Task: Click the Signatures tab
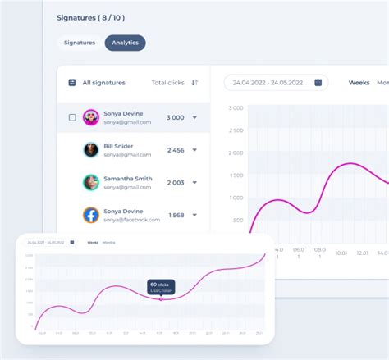pos(80,43)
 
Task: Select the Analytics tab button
pos(126,43)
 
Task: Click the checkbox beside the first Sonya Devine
pos(72,117)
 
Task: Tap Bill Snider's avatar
pos(91,150)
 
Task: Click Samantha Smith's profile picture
pos(91,182)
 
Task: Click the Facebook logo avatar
pos(91,215)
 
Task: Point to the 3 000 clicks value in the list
pos(175,117)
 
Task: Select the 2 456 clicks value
pos(175,150)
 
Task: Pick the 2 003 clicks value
pos(175,182)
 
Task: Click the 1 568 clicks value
pos(176,215)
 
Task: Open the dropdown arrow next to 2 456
pos(194,150)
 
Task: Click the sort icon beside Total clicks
pos(194,82)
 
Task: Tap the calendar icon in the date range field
pos(316,82)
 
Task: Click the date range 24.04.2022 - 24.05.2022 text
pos(268,82)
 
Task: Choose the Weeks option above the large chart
pos(359,82)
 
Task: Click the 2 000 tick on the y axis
pos(236,153)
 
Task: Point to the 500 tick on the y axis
pos(238,220)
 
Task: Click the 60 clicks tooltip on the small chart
pos(160,286)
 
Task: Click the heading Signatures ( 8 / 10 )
pos(91,17)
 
